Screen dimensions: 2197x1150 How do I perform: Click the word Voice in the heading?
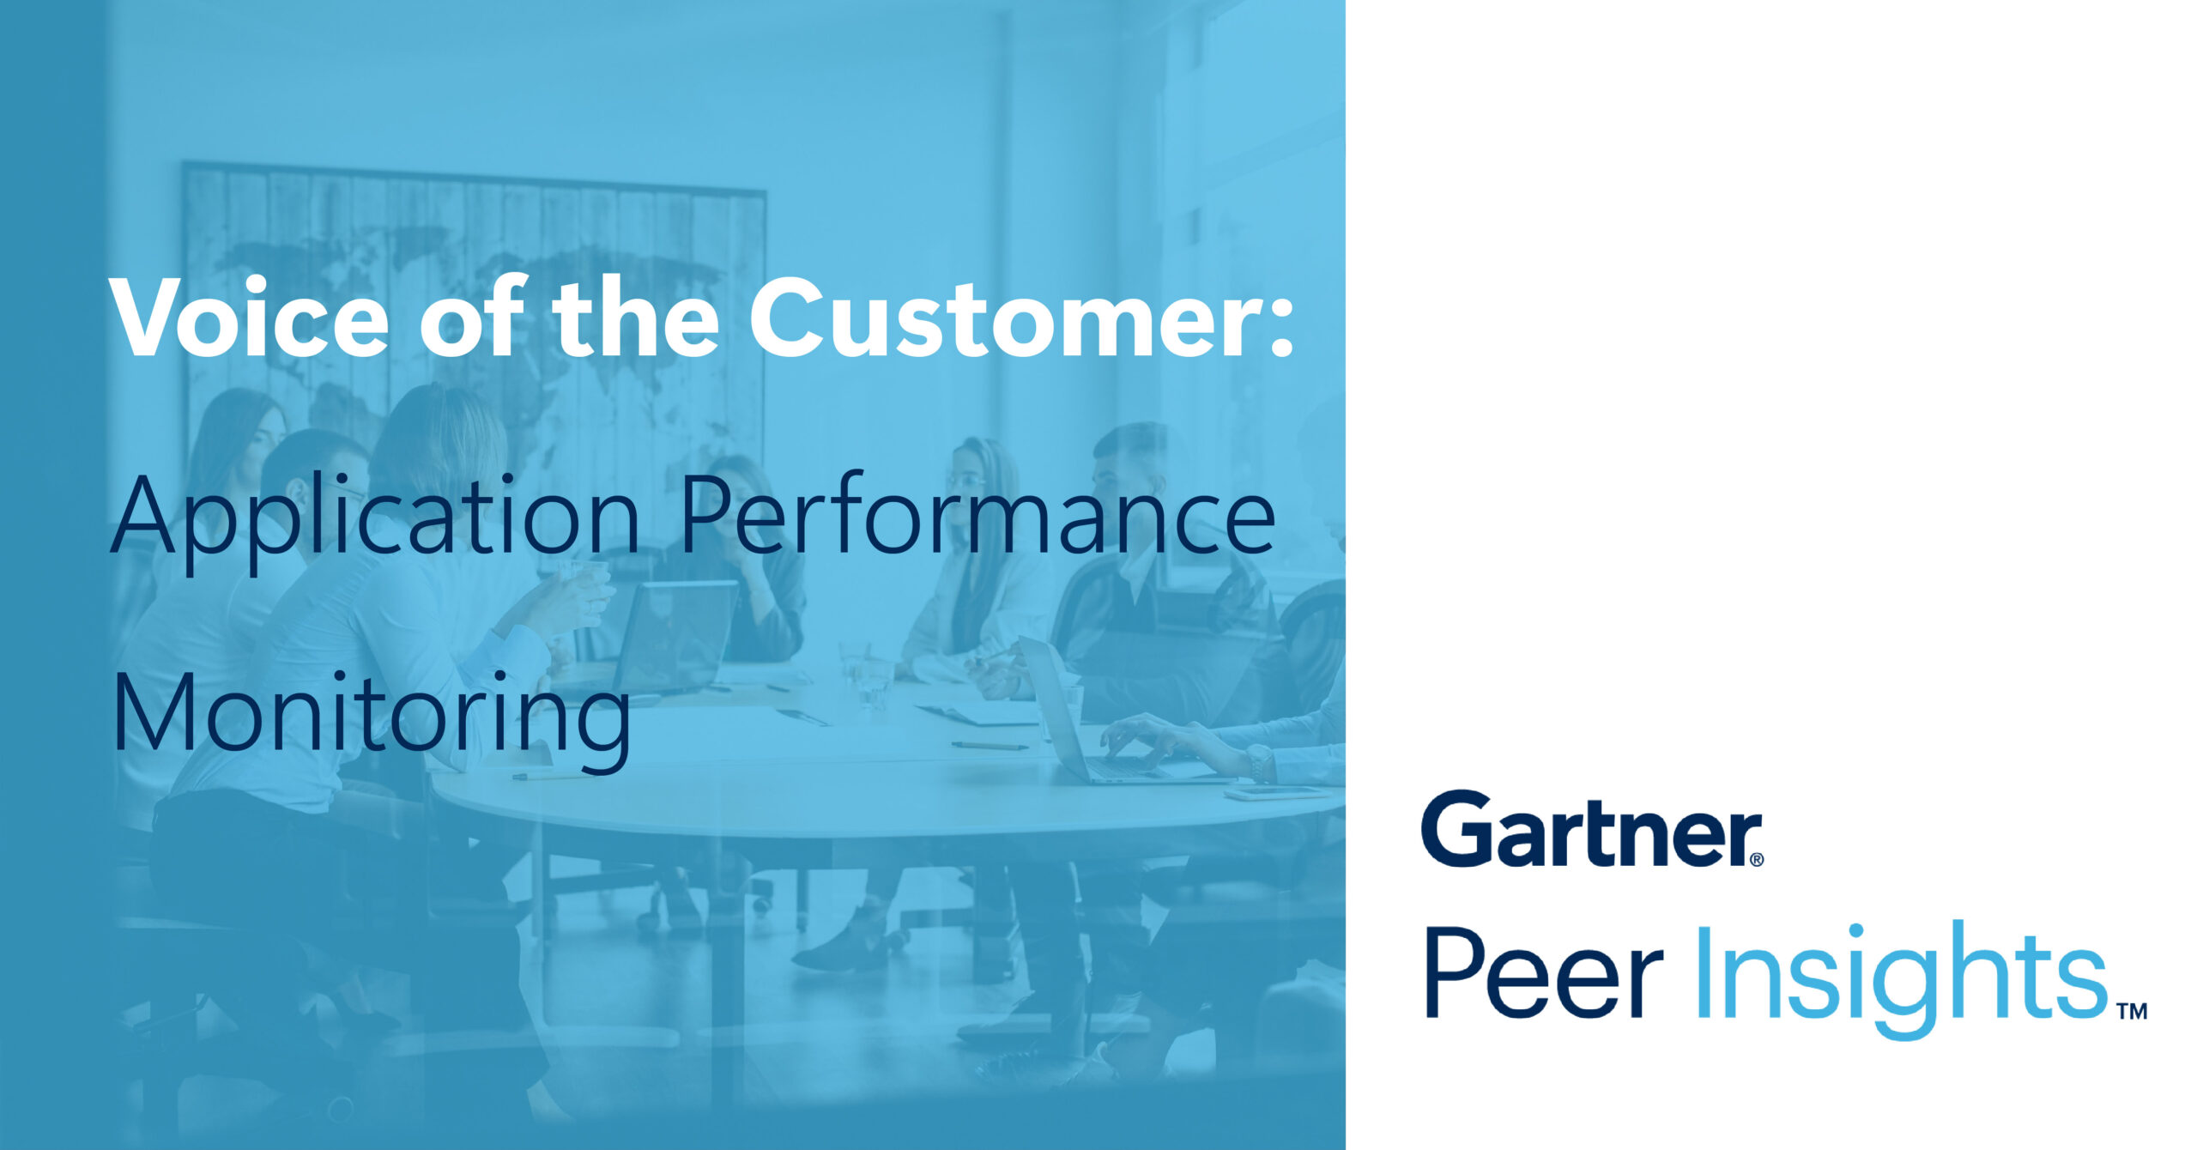coord(249,318)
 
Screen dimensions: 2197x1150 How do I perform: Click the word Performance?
coord(977,514)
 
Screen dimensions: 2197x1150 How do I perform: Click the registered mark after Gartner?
coord(1755,858)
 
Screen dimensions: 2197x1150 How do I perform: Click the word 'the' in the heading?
coord(636,318)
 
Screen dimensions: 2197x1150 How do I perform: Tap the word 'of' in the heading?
coord(472,318)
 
